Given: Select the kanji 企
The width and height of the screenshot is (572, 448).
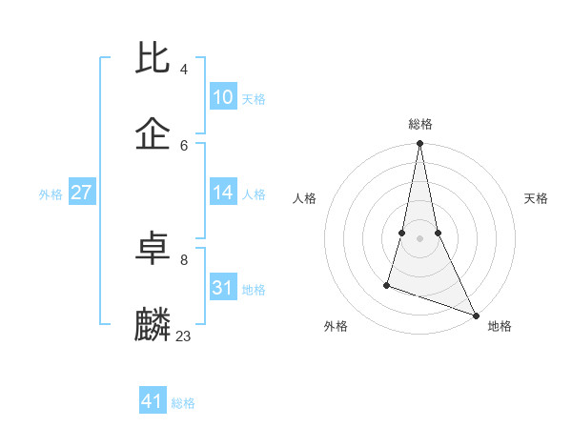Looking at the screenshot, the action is click(153, 134).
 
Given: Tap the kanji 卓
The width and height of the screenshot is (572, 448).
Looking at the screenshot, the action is click(153, 249).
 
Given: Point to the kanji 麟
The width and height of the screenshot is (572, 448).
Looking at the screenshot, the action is click(153, 325).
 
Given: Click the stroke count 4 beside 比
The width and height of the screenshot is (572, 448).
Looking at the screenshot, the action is click(184, 70).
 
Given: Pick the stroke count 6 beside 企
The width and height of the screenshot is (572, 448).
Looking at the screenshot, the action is click(184, 145).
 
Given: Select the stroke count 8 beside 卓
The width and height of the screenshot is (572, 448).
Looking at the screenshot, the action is click(184, 259).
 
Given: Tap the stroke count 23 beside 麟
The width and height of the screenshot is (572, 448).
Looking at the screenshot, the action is click(184, 336).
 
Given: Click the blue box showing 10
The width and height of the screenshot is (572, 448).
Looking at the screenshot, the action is click(223, 97).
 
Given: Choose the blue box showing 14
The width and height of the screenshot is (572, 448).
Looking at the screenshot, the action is click(223, 193).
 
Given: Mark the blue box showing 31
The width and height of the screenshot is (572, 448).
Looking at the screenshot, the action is click(223, 288).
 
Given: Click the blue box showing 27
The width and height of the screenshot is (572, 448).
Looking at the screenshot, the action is click(82, 193).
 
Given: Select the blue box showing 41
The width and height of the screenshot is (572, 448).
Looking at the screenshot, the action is click(153, 401).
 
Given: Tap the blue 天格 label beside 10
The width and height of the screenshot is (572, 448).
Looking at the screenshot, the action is click(254, 99).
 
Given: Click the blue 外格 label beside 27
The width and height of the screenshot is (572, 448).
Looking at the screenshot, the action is click(51, 194).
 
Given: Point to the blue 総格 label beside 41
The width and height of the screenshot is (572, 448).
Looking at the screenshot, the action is click(183, 403).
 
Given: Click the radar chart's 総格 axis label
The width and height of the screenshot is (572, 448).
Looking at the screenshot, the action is click(419, 124).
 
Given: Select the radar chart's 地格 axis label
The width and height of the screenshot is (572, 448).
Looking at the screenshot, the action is click(500, 327).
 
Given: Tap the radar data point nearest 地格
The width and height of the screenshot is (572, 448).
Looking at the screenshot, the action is click(475, 315).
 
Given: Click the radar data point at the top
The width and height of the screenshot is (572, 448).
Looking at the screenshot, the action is click(419, 144).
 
